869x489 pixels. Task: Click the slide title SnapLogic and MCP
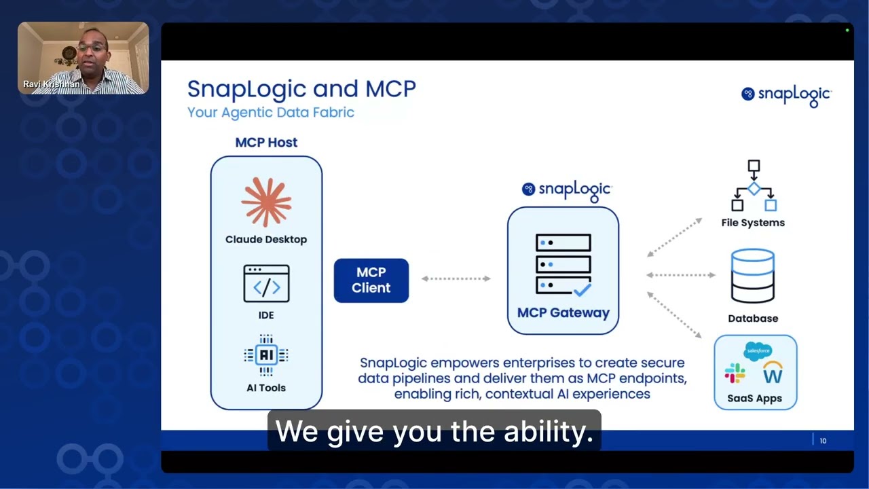click(x=301, y=89)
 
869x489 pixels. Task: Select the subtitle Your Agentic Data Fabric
click(x=271, y=112)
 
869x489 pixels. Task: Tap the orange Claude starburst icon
click(x=266, y=202)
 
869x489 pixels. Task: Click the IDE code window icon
click(x=266, y=284)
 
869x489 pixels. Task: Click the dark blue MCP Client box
click(x=371, y=280)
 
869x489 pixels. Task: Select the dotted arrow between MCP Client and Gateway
click(x=456, y=278)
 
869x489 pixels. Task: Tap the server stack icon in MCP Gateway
click(x=563, y=264)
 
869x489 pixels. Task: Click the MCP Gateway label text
click(x=563, y=313)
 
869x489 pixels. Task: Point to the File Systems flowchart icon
click(x=753, y=185)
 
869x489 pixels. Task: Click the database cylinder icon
click(x=753, y=276)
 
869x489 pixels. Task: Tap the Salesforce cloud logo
click(x=758, y=351)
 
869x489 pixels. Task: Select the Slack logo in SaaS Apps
click(x=735, y=373)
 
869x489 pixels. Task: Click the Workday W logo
click(x=773, y=372)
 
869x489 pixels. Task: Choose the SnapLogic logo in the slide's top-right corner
click(x=786, y=95)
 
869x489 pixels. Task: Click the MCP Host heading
click(x=266, y=143)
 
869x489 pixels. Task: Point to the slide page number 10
click(x=823, y=441)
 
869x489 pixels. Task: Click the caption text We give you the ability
click(x=434, y=432)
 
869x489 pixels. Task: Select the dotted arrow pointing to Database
click(x=681, y=275)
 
